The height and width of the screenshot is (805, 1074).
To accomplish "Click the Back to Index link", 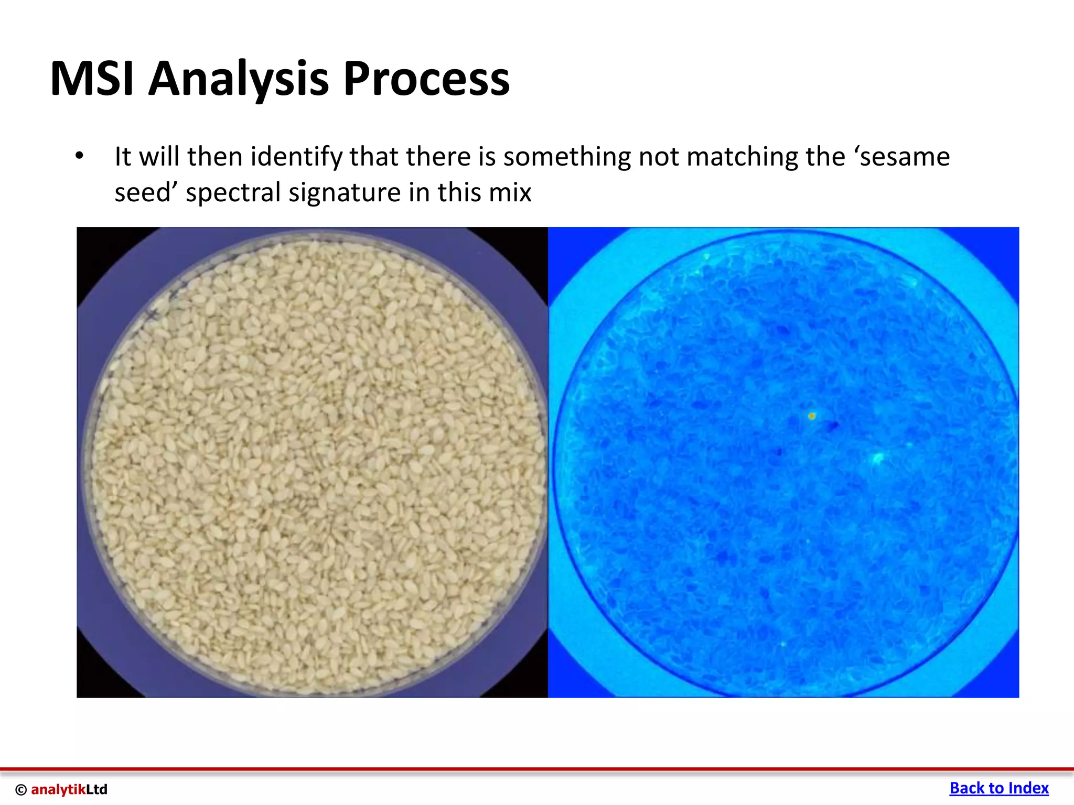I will point(998,788).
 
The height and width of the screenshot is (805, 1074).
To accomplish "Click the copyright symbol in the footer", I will point(21,790).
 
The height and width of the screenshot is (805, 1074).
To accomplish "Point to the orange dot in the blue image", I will point(811,416).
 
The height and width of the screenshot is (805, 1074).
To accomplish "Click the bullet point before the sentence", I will point(79,156).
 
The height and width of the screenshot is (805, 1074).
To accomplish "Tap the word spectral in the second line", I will point(234,192).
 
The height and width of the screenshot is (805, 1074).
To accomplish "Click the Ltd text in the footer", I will point(96,789).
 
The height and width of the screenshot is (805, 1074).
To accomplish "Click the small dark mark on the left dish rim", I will point(152,315).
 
